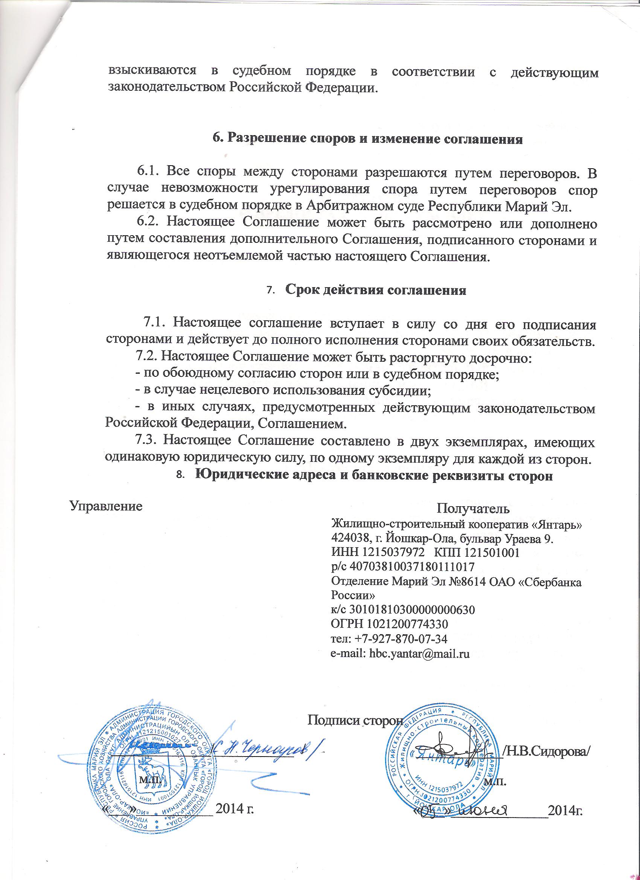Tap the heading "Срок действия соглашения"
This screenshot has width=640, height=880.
[x=375, y=290]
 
